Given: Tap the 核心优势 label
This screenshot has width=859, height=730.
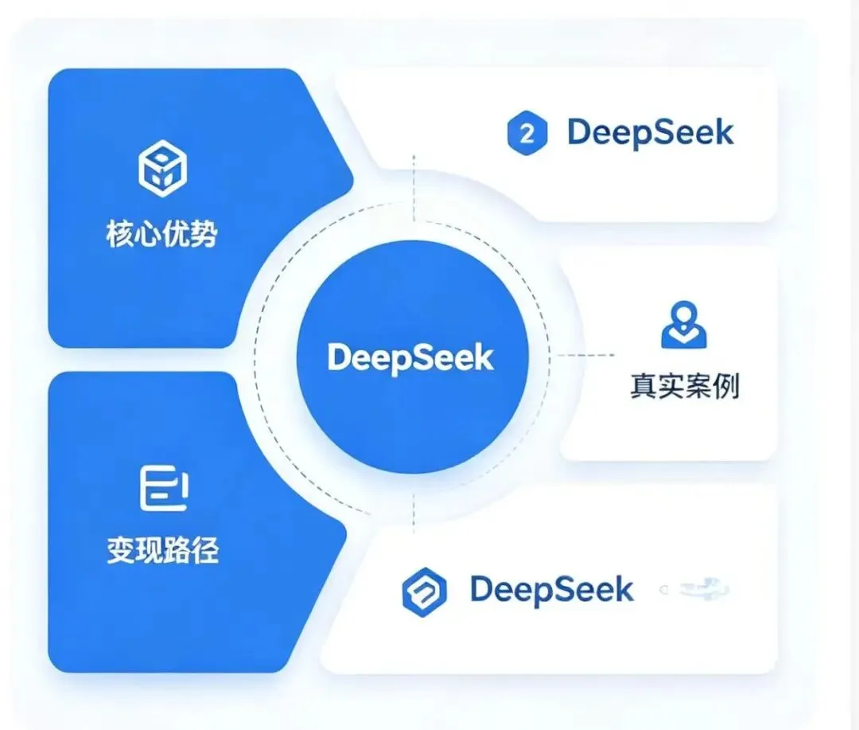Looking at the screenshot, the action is pos(162,235).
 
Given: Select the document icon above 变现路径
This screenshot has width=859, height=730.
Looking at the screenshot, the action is pos(162,489).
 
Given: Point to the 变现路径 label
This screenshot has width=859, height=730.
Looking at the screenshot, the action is pos(162,550).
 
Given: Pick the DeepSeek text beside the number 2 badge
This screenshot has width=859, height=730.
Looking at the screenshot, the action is pos(651,133).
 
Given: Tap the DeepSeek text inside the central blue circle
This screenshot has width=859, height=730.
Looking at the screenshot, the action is pos(410,357).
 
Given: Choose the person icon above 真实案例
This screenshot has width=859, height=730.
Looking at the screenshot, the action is pos(683,325).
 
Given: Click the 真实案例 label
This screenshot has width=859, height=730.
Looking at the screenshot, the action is pos(684,387).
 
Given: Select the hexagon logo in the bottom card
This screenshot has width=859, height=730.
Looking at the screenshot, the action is pos(424,591).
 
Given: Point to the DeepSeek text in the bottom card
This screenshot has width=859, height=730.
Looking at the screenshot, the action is pos(551,590).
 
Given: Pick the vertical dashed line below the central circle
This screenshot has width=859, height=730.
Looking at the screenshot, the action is pos(414,509).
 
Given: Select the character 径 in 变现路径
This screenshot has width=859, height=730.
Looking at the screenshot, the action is pos(205,550).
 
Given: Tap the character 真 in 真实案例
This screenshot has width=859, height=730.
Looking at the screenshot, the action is pos(643,387).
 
